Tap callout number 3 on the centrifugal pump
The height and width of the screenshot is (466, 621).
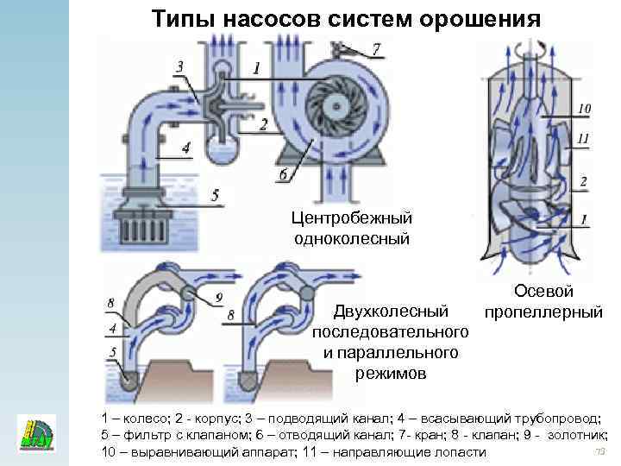click(x=179, y=66)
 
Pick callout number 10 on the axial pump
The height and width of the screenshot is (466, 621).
click(x=584, y=109)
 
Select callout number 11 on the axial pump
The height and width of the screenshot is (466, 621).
click(x=584, y=138)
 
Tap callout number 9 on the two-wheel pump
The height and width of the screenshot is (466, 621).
click(x=219, y=297)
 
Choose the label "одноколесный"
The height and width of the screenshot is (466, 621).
click(x=350, y=239)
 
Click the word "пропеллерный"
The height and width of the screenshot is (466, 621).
click(x=543, y=312)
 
